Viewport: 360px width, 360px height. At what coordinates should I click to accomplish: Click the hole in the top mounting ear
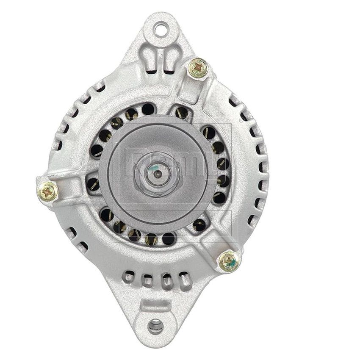161,29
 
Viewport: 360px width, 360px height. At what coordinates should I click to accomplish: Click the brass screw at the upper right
198,68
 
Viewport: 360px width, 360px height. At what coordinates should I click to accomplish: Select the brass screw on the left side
48,193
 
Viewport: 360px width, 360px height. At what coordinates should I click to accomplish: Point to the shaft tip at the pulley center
157,173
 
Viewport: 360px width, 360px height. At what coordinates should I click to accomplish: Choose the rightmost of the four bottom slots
185,280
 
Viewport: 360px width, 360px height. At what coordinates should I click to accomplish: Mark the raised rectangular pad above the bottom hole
155,305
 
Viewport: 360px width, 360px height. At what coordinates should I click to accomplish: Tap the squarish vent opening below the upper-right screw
182,112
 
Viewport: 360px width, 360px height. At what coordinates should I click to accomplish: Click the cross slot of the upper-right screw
198,68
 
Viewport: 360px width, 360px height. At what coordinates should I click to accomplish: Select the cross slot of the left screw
48,193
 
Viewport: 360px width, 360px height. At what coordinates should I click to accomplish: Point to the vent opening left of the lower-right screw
199,225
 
